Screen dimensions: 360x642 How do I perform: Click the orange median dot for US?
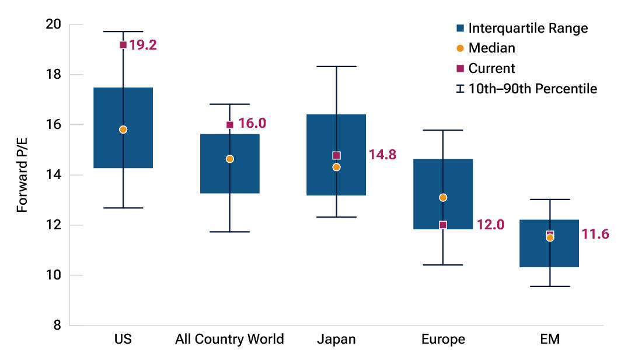[123, 130]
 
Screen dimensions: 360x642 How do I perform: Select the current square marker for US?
[123, 45]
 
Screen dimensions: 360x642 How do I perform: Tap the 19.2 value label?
[144, 45]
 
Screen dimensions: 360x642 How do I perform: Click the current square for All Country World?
[230, 124]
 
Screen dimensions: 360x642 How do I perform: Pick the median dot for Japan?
[336, 167]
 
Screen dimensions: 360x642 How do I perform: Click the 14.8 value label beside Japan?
[382, 155]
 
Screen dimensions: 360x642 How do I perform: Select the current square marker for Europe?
[443, 225]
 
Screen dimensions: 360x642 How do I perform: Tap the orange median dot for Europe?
[443, 197]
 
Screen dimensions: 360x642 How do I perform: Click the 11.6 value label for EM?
[595, 235]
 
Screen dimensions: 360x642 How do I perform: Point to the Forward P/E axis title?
[22, 175]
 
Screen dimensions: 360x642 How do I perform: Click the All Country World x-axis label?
[229, 340]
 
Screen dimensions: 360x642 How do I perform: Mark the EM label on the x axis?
[550, 340]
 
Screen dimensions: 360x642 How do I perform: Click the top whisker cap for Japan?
[336, 67]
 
